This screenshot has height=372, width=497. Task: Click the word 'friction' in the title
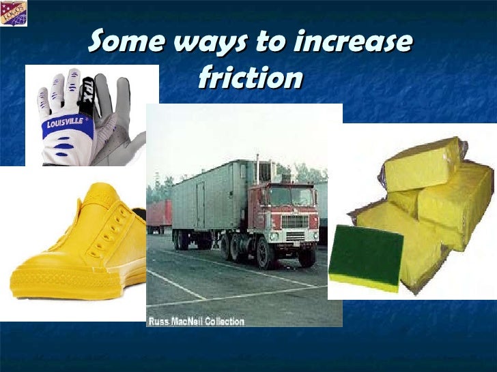click(249, 78)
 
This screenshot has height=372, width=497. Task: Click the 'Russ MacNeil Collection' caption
click(197, 321)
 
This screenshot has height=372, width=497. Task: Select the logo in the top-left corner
click(13, 12)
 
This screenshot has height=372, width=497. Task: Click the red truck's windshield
click(291, 197)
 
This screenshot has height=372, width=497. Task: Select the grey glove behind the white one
click(126, 116)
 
